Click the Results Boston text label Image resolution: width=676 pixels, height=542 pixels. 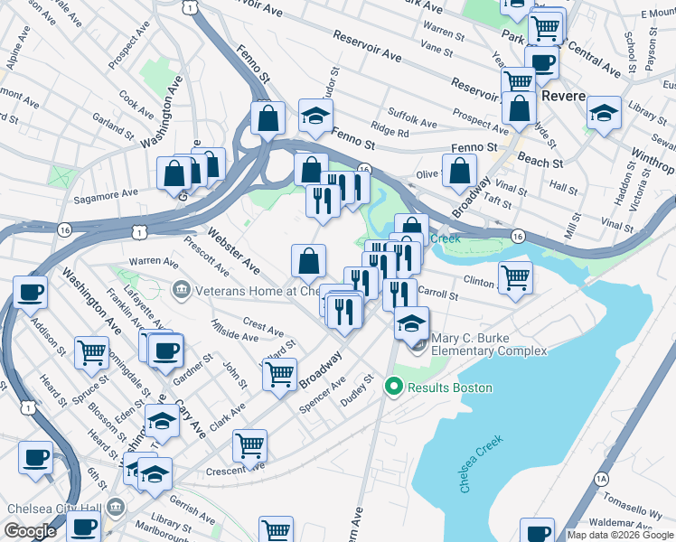coord(450,388)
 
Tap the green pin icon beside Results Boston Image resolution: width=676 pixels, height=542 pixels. coord(393,388)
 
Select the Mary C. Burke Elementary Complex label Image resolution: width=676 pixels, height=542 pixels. coord(489,345)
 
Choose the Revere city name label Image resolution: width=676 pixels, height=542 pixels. coord(565,97)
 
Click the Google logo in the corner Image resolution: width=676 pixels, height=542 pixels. coord(29,531)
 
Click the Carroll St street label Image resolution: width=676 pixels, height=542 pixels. coord(439,294)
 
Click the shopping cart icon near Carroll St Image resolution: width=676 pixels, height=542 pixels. coord(515,276)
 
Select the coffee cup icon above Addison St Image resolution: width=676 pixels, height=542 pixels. coord(31,292)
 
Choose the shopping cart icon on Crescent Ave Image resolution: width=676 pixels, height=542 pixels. coord(249,444)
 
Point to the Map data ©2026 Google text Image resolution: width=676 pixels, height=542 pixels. coord(619,535)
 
